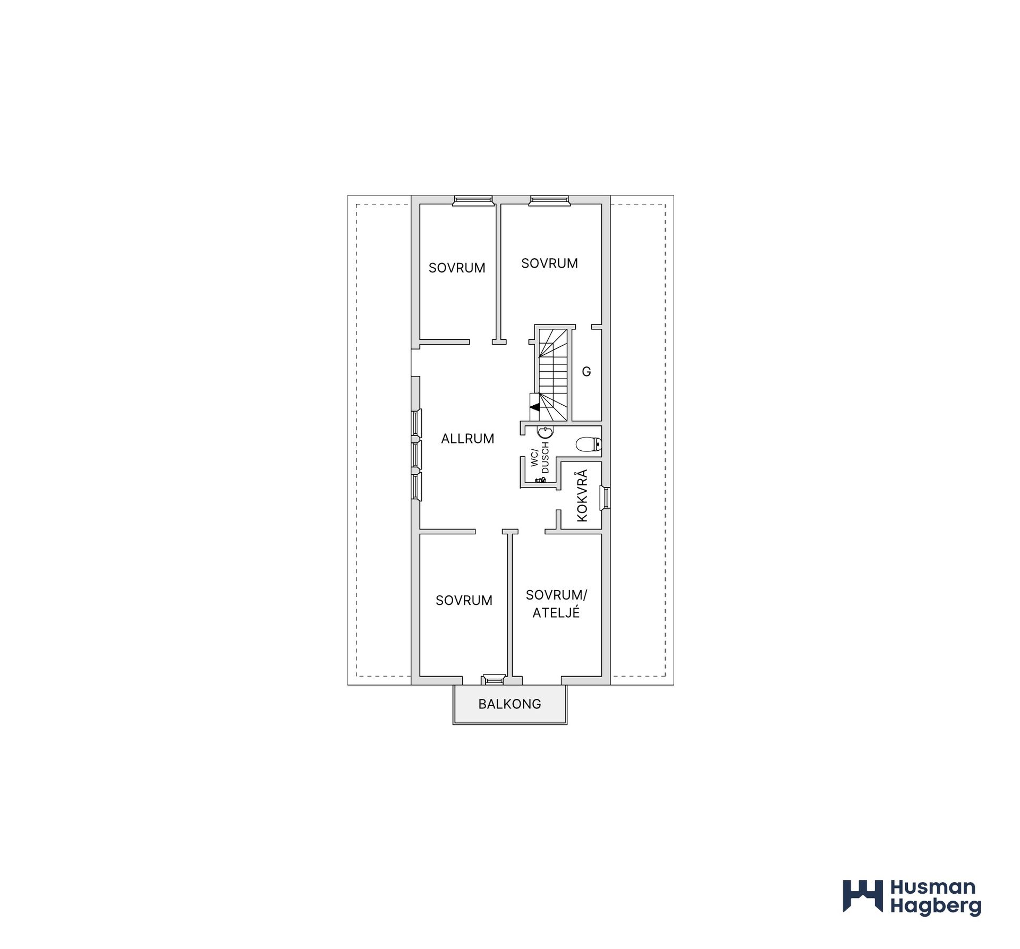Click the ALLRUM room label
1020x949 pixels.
(x=467, y=439)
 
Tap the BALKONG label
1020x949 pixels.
(x=509, y=704)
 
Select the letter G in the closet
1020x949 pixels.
(x=586, y=372)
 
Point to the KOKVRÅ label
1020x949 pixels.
(x=582, y=495)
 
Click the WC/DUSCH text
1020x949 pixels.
(x=540, y=457)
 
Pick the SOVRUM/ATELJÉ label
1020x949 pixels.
(x=556, y=604)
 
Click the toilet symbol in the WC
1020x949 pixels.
(x=589, y=444)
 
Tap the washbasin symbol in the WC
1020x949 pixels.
(x=545, y=432)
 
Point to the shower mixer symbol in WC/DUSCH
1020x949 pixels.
(x=540, y=480)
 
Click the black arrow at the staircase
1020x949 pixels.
(x=535, y=407)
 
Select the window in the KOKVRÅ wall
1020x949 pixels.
(x=605, y=498)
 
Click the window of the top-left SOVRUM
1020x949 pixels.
(x=472, y=200)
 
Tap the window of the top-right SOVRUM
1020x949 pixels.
(x=549, y=200)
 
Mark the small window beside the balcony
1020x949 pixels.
(x=492, y=679)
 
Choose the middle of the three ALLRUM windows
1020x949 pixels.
(x=416, y=454)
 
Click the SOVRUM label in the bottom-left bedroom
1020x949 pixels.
(x=464, y=601)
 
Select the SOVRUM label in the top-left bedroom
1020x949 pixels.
(x=457, y=268)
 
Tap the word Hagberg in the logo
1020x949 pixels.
(x=936, y=907)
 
